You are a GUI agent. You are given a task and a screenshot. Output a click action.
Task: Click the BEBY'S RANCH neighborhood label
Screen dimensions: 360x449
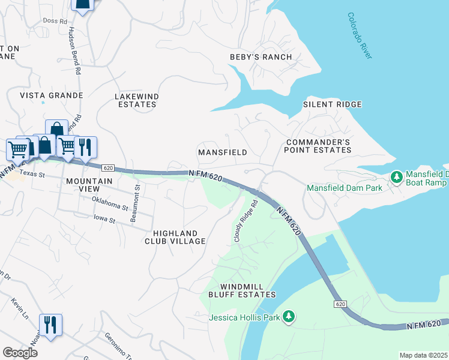[261, 57]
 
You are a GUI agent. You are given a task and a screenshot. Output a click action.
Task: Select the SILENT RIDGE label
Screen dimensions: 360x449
[332, 104]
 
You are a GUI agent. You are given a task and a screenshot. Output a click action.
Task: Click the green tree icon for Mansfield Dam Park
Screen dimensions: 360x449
[396, 177]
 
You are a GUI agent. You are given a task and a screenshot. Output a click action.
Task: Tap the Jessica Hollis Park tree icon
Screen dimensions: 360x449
[289, 316]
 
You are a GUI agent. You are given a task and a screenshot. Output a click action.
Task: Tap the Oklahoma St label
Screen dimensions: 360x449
[110, 203]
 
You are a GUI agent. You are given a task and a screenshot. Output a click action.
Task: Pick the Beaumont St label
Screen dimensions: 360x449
[137, 203]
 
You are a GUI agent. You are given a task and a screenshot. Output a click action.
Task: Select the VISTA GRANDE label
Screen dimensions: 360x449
[51, 95]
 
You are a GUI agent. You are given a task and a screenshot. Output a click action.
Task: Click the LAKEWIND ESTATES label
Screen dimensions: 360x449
[136, 100]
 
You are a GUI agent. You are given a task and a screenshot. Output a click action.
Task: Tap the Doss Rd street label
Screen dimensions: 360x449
[55, 21]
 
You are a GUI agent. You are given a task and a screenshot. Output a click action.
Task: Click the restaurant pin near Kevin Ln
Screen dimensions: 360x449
[50, 325]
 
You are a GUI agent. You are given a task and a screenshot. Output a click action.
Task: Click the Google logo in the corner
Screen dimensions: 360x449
[20, 353]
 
